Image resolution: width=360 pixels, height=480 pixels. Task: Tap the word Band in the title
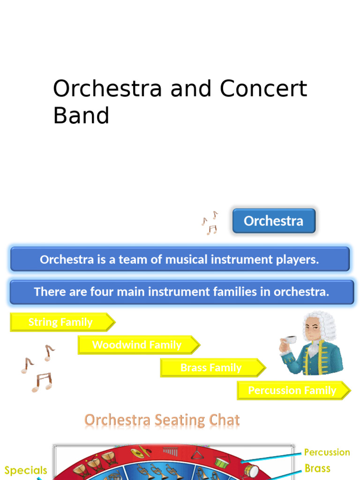tap(81, 115)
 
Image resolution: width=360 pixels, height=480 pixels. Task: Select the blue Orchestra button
tap(274, 221)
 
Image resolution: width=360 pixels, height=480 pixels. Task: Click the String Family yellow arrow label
tap(61, 322)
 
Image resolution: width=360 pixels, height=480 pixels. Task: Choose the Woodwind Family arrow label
tap(137, 345)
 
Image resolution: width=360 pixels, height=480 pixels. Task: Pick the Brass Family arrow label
tap(211, 368)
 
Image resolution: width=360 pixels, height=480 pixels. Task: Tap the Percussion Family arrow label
tap(292, 390)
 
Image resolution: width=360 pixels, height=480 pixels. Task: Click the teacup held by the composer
tap(291, 340)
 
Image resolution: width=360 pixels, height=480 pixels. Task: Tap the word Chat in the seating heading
tap(225, 420)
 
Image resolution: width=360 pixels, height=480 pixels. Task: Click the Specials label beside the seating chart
tap(26, 470)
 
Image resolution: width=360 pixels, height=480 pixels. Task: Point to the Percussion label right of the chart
tap(327, 452)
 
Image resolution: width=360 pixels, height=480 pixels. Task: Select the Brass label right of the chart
tap(317, 468)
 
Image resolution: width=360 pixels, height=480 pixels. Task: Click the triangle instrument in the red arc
tap(197, 454)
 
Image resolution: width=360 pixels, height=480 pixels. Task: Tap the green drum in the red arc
tap(222, 462)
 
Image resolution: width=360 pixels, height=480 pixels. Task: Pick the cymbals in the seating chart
tap(140, 453)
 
